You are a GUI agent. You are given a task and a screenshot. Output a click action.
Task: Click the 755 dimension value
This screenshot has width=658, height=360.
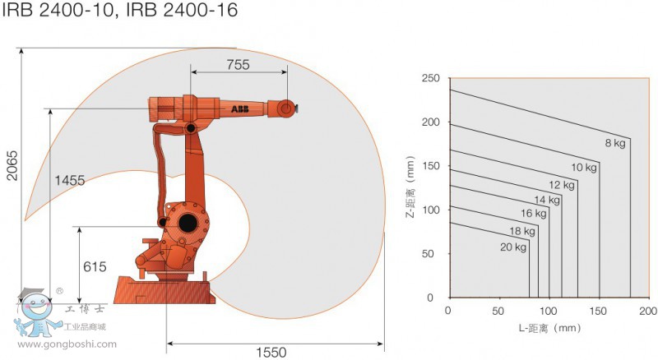click(239, 65)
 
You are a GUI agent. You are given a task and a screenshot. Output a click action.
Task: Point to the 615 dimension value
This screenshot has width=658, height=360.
click(95, 267)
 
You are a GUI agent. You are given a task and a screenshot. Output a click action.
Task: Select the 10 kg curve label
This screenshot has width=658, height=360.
click(584, 168)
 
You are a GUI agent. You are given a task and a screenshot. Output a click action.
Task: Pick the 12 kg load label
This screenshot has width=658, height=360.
click(562, 185)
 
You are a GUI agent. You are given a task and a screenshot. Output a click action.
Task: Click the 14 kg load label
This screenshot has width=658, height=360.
click(547, 200)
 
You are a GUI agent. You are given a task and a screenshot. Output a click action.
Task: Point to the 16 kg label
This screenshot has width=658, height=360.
click(534, 214)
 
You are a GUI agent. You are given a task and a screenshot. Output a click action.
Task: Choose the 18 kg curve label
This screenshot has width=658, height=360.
click(522, 232)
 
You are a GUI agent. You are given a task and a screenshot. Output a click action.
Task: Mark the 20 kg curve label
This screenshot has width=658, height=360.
click(512, 247)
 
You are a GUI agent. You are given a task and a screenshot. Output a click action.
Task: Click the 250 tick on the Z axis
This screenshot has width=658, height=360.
click(431, 79)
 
